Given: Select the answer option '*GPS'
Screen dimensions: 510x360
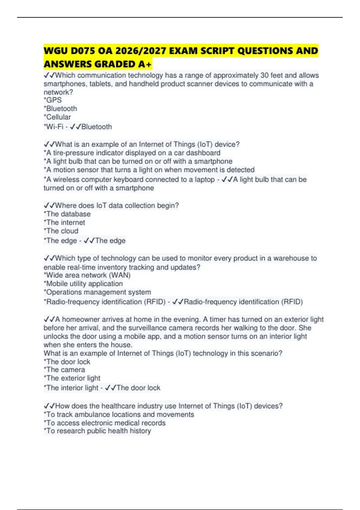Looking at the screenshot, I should (53, 100).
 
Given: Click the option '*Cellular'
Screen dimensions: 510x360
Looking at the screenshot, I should (57, 117).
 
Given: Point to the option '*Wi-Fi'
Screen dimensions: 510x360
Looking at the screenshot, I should (54, 127).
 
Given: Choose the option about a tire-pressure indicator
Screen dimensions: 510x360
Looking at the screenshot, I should (132, 153).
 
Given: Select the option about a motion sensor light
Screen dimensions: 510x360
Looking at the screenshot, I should (149, 170).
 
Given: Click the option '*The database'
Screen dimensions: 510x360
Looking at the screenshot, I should (67, 214).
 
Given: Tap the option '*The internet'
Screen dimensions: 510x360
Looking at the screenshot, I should (64, 222).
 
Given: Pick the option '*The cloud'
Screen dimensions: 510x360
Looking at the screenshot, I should (61, 231).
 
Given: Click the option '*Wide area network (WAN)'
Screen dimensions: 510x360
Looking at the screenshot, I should (87, 275).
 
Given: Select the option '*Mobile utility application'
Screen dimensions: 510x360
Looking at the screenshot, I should (83, 283).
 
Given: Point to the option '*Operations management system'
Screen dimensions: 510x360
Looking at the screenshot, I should (97, 292).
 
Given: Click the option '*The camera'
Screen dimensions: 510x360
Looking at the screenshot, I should (64, 370).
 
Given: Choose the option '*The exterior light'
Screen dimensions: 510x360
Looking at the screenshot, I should (72, 378).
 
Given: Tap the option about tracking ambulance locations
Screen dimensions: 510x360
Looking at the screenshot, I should (119, 414).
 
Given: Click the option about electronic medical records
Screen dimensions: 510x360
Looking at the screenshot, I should (105, 423).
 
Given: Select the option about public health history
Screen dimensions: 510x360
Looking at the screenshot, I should (97, 431).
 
